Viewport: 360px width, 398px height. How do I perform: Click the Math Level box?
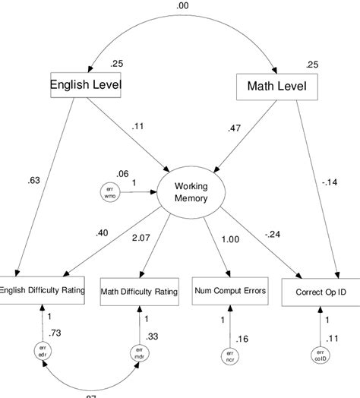point(277,87)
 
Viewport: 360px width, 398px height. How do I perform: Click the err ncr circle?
point(229,355)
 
